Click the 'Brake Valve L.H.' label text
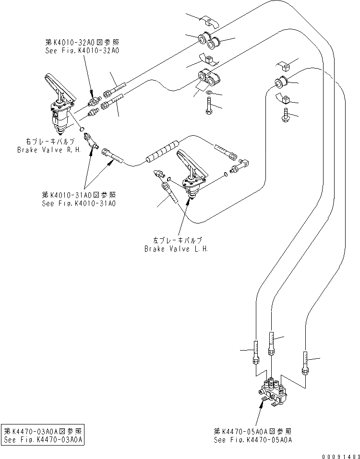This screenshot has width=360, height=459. click(x=177, y=249)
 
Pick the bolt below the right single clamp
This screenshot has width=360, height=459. click(x=286, y=115)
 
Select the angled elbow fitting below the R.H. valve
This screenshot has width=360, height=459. click(x=91, y=142)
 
